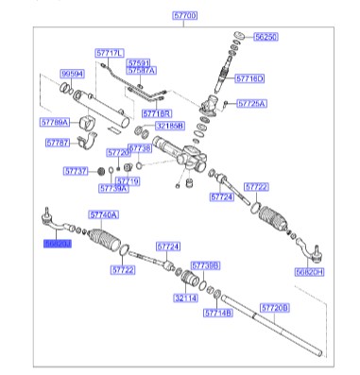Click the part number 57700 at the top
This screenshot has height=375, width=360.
click(x=185, y=16)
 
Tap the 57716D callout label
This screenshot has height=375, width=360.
click(x=249, y=78)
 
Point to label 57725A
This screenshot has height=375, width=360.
click(x=251, y=103)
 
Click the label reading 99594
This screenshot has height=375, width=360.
click(x=73, y=73)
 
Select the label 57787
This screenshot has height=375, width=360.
click(x=58, y=144)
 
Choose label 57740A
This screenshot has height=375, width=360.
click(x=105, y=215)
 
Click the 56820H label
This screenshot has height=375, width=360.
click(x=308, y=271)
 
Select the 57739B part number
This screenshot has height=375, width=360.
click(x=204, y=265)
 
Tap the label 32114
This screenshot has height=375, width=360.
click(x=184, y=297)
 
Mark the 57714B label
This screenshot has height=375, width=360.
click(x=217, y=311)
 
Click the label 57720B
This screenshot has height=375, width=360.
click(x=275, y=309)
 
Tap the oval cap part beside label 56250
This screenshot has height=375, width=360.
click(x=237, y=37)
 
